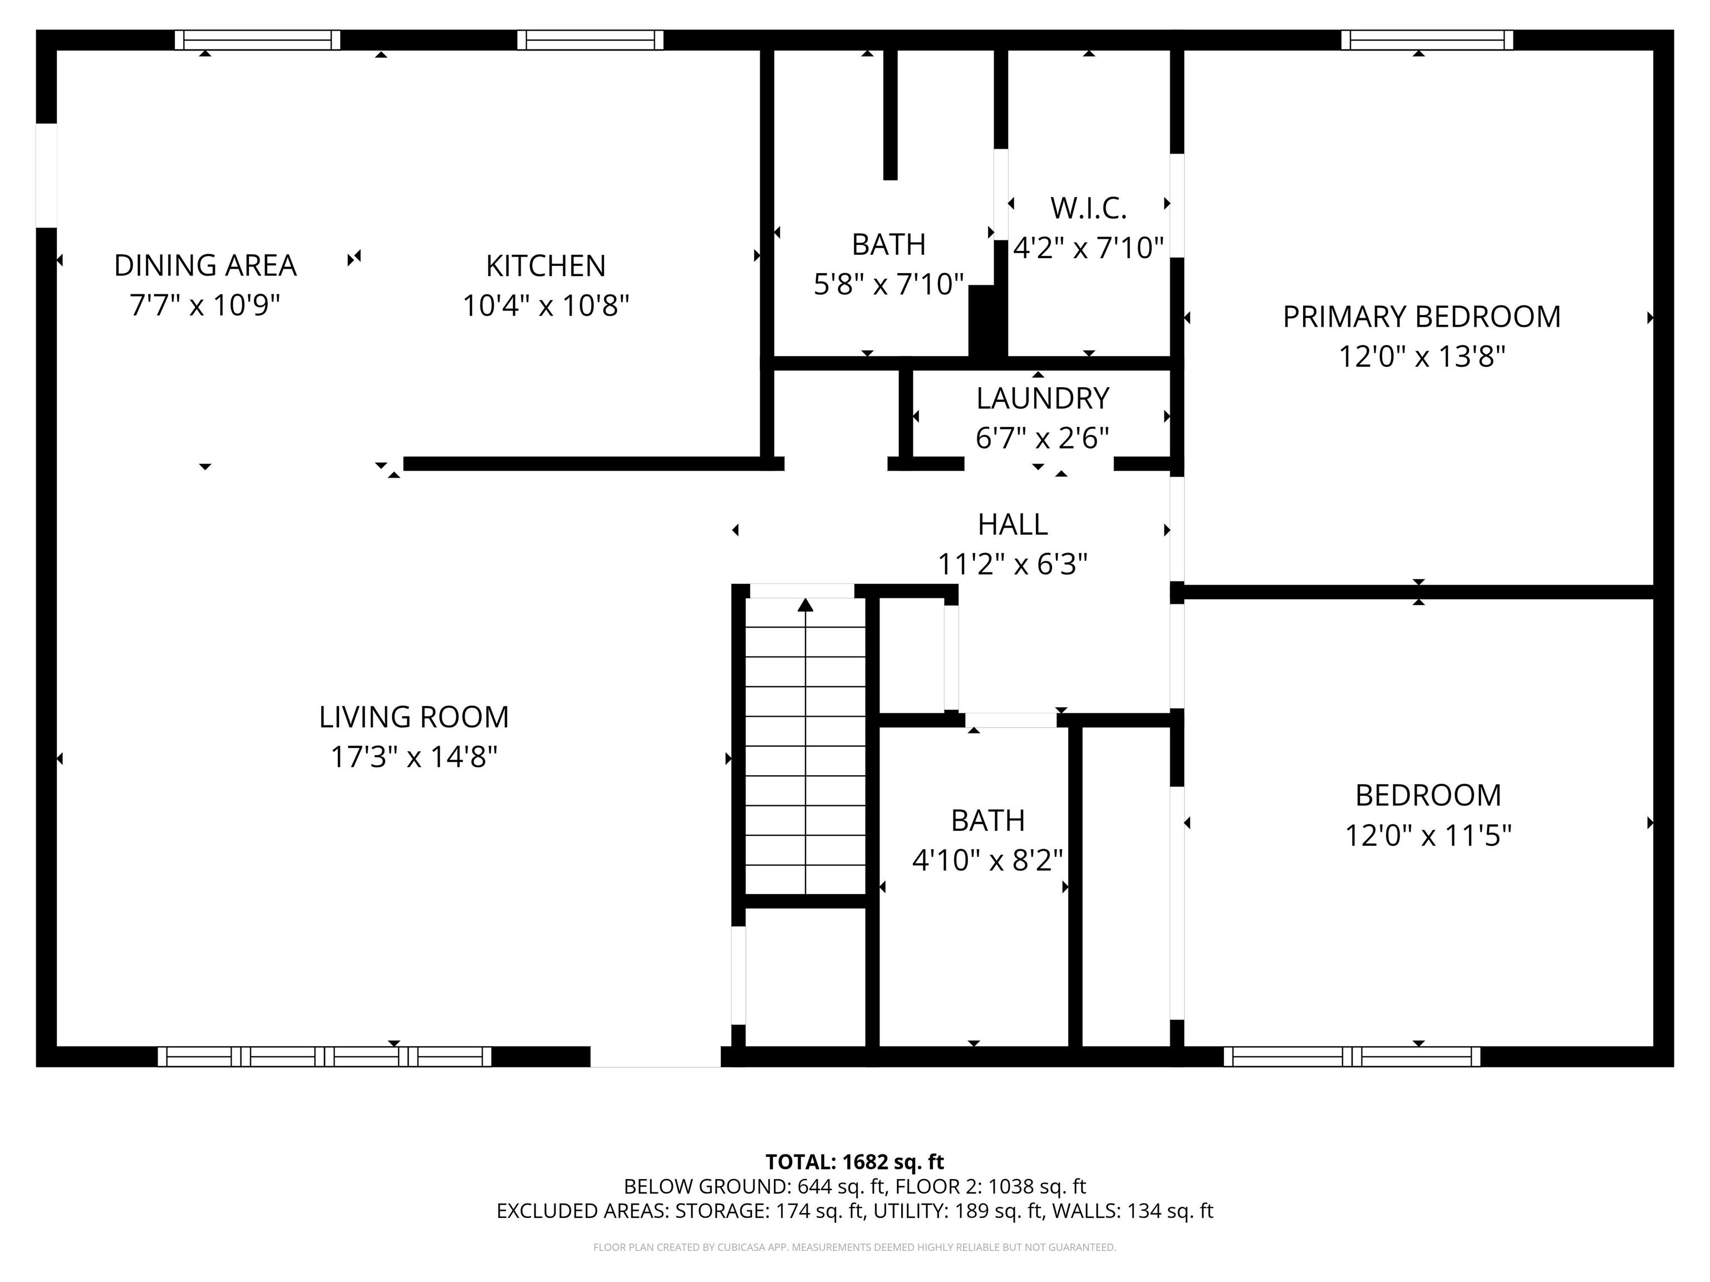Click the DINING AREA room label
click(205, 265)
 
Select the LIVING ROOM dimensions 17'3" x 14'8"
click(414, 757)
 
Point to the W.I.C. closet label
click(1088, 208)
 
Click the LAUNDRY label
click(1043, 398)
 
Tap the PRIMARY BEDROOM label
click(1422, 317)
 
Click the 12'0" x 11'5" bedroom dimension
click(1428, 835)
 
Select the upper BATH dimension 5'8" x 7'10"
click(889, 284)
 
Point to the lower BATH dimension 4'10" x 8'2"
click(988, 860)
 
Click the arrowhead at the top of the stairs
click(805, 604)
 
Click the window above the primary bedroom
click(1427, 40)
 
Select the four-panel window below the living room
click(325, 1056)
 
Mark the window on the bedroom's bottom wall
click(1352, 1056)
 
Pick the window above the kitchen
click(591, 40)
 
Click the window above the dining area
click(257, 40)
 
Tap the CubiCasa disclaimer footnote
click(855, 1248)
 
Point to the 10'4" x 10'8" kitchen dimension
click(546, 306)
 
